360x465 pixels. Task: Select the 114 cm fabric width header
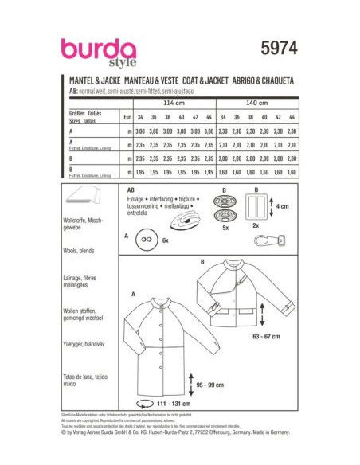coord(174,103)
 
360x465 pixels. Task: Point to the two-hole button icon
coord(147,238)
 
